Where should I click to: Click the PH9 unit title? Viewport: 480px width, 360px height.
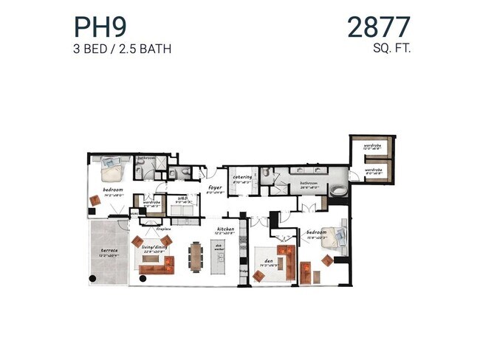[99, 27]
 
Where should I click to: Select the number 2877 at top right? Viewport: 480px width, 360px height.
[378, 27]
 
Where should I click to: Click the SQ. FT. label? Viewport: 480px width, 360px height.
[391, 49]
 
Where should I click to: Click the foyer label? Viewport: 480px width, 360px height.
[215, 188]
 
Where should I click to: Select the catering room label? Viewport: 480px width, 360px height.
[243, 177]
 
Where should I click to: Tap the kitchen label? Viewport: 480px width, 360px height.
[225, 229]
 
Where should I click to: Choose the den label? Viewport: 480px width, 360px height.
[266, 259]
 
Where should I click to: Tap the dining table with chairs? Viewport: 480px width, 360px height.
[196, 255]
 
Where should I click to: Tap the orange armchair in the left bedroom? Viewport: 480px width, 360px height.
[95, 200]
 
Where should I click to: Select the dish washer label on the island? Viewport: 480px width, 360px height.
[219, 247]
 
